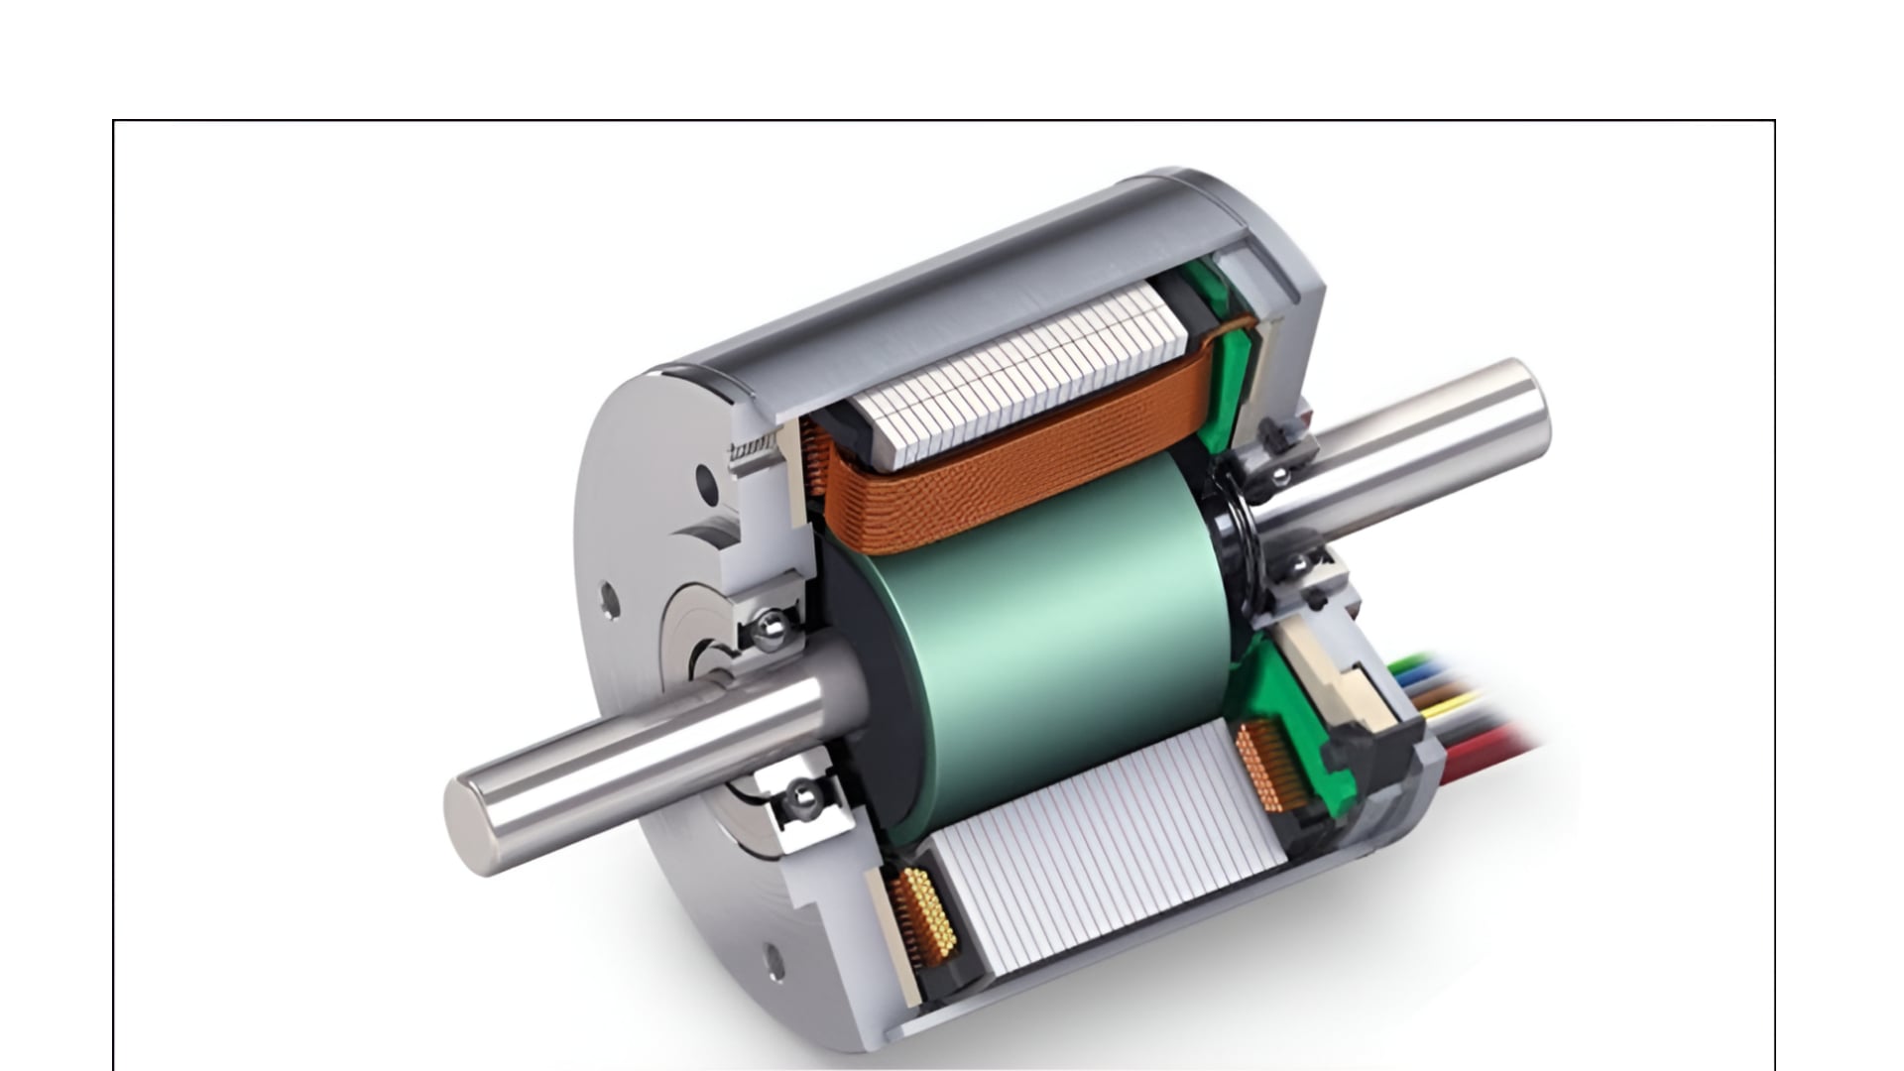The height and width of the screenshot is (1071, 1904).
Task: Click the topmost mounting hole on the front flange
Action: point(706,483)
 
